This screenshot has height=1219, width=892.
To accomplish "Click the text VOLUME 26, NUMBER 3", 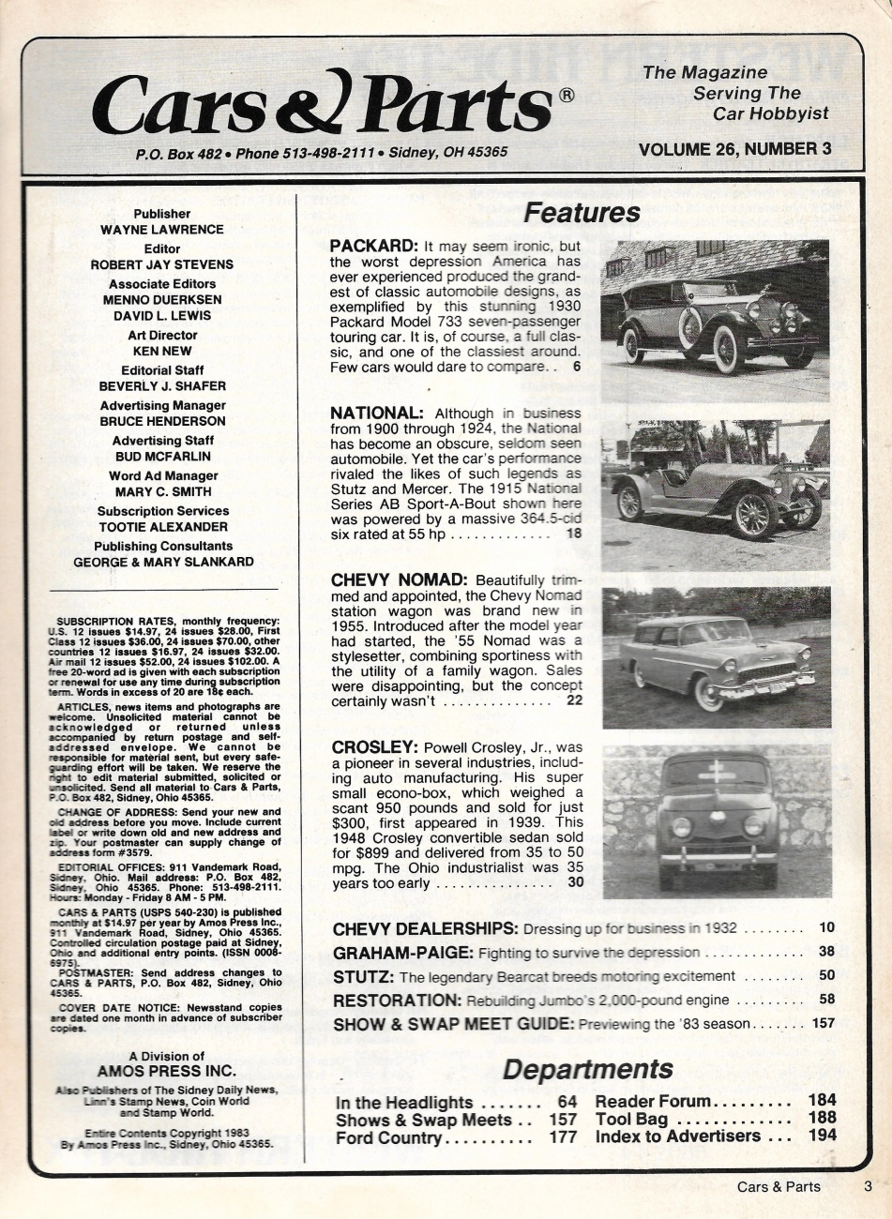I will [x=734, y=148].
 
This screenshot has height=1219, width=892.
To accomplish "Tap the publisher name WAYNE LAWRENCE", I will [x=161, y=230].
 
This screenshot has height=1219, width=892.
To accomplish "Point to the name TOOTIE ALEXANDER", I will [x=161, y=527].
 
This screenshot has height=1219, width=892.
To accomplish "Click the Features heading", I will [x=582, y=214].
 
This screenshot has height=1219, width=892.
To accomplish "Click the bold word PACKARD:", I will [x=373, y=247].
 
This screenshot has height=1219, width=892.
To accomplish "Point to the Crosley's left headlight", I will [x=682, y=827].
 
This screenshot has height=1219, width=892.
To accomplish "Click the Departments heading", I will [x=588, y=1069].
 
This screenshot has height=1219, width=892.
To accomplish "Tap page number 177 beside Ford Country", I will [x=562, y=1138].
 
